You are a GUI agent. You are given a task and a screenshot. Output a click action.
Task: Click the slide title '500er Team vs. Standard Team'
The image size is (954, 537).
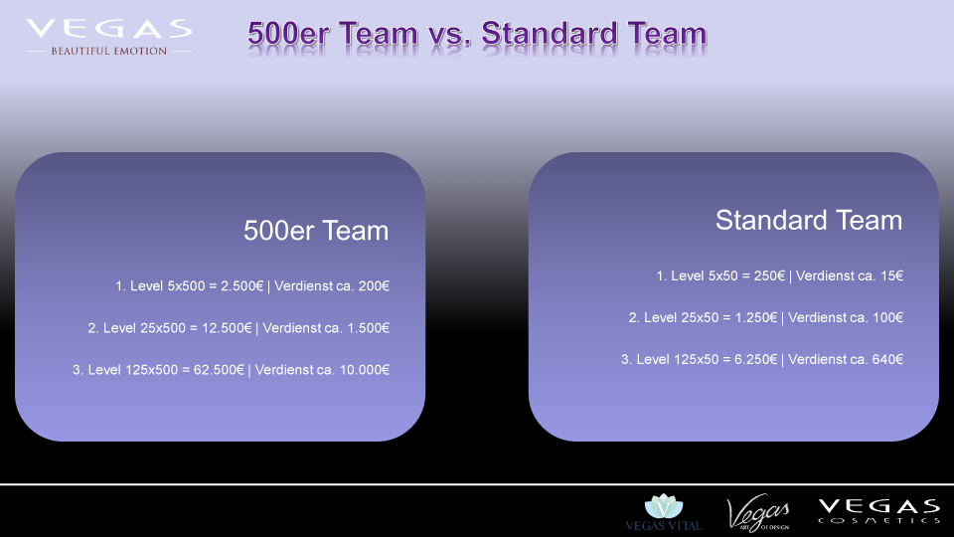point(476,34)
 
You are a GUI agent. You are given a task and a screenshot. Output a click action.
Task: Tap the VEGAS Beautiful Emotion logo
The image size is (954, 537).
point(109,38)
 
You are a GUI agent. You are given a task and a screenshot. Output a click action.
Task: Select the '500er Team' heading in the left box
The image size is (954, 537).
point(316,231)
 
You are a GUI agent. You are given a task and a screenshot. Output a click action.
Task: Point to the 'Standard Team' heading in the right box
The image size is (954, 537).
point(809,221)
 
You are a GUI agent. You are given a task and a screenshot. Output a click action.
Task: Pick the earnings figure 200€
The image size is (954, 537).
point(374,286)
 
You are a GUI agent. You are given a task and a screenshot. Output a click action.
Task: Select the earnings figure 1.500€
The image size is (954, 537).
point(368,328)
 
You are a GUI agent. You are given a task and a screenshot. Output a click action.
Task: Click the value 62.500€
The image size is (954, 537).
point(219,370)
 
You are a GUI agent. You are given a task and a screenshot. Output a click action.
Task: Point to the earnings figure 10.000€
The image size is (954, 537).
point(365,370)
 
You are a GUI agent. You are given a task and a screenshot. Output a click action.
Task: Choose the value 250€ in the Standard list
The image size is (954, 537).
point(769,275)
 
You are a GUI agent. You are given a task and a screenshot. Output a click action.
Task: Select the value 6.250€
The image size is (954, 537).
point(755,360)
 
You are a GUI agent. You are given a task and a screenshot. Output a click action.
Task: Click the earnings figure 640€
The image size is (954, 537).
point(887,360)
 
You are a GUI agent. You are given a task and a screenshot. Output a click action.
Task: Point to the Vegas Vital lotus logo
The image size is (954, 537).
point(664,512)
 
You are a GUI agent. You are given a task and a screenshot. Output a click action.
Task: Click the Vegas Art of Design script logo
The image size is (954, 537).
point(758,513)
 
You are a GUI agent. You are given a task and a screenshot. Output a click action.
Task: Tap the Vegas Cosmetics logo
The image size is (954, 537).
point(879,511)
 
